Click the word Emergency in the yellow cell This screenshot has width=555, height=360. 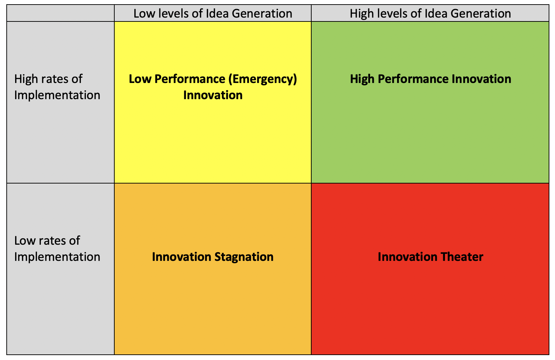click(x=262, y=79)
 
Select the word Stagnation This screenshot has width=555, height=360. click(x=244, y=257)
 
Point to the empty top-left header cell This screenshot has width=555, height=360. click(x=60, y=13)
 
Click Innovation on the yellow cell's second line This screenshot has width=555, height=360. click(x=213, y=95)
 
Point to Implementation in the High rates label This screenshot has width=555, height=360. click(x=57, y=95)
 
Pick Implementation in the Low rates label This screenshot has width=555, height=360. click(x=57, y=257)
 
